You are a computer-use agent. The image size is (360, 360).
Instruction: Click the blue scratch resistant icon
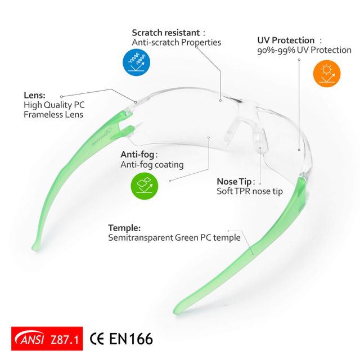pos(137,62)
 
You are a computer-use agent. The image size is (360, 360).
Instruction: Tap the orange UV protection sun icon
pos(327,74)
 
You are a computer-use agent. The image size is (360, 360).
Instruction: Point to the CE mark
pos(97,339)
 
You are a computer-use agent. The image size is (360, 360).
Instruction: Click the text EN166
pos(131,339)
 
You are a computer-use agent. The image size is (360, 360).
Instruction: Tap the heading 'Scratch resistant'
pos(165,33)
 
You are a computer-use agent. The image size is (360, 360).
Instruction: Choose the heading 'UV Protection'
pos(286,40)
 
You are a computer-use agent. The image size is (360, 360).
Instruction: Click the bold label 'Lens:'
pos(34,95)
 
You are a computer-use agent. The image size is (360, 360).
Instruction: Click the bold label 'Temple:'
pos(124,228)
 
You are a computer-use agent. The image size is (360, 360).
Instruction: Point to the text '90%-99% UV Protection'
pos(304,51)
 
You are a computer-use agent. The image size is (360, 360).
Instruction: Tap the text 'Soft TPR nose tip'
pos(250,191)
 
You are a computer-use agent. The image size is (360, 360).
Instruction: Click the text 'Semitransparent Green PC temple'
pos(174,238)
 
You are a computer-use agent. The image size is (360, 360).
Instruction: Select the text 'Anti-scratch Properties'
pos(176,43)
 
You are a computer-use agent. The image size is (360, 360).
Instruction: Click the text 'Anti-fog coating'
pos(152,165)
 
